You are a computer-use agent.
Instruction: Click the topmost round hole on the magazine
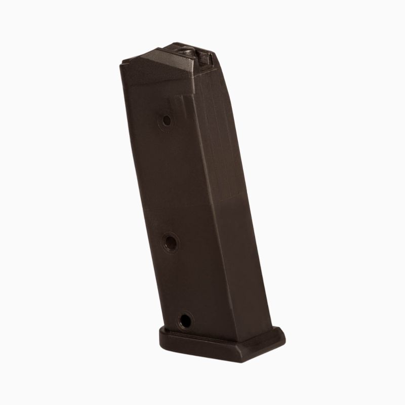167,120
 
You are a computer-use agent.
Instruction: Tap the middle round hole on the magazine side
170,242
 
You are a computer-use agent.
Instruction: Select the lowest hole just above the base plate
185,319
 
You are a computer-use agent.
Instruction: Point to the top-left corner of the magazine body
121,63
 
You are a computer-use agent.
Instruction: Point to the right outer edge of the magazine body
253,202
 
